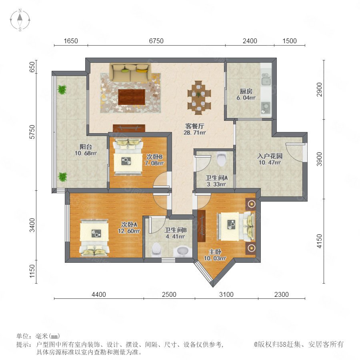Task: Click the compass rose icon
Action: tap(20, 20)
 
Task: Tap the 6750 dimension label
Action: tap(156, 41)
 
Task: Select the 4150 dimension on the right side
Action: tap(319, 241)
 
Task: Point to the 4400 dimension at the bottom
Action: tap(99, 294)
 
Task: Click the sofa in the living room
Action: tap(130, 72)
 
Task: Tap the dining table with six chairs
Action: tap(199, 97)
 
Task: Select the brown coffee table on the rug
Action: tap(132, 97)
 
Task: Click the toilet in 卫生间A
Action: tap(221, 158)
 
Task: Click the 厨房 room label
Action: tap(246, 91)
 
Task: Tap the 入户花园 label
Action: tap(270, 156)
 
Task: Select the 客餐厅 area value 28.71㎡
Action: tap(194, 132)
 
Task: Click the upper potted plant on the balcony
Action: tap(62, 90)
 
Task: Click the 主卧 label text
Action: tap(215, 252)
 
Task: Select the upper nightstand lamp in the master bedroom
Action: tap(252, 204)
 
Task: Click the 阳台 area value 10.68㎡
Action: tap(86, 153)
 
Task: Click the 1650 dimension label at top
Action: tap(71, 41)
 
